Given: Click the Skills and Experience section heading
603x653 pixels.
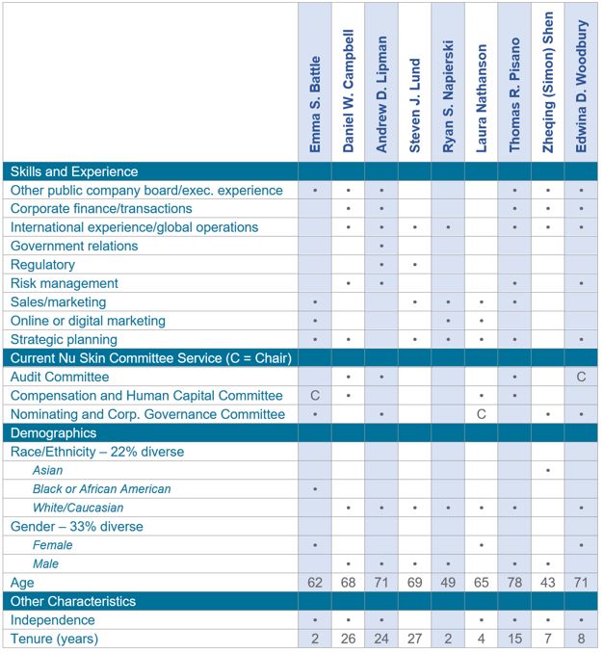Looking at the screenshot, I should [74, 171].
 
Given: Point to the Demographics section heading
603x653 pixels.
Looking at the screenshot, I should [54, 432].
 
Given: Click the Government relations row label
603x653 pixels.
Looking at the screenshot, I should [74, 246].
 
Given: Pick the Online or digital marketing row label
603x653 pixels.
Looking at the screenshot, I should [88, 321].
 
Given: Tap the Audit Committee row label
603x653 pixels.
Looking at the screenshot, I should [59, 377].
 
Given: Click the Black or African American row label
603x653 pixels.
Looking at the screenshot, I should [101, 489].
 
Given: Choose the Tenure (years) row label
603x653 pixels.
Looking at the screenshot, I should [54, 639].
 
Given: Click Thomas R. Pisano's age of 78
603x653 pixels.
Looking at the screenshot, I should [515, 583].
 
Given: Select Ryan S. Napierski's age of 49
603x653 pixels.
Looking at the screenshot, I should [448, 583].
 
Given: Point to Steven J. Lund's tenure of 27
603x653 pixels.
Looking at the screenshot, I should [415, 639].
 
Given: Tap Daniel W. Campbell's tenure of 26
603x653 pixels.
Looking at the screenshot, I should [348, 639].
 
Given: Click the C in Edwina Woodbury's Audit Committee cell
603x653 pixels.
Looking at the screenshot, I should [581, 377].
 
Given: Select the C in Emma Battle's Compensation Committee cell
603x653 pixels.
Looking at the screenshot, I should [315, 396].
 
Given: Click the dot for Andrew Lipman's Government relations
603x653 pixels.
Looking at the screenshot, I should [381, 247].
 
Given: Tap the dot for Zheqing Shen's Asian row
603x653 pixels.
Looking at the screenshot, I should [548, 470].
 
